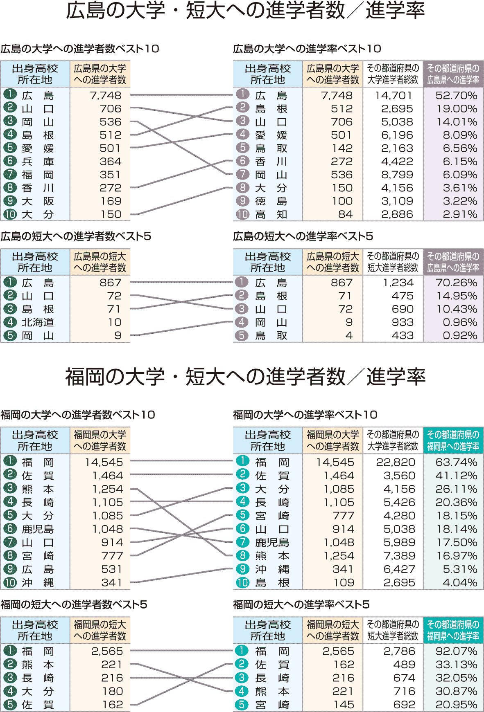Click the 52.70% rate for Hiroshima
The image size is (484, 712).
pyautogui.click(x=456, y=96)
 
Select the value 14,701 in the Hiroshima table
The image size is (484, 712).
pyautogui.click(x=393, y=96)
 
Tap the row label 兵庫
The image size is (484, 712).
pyautogui.click(x=38, y=162)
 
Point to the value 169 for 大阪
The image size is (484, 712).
pyautogui.click(x=111, y=201)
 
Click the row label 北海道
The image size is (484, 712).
pyautogui.click(x=38, y=322)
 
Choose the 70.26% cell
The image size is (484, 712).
pyautogui.click(x=456, y=283)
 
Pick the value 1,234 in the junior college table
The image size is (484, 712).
pyautogui.click(x=398, y=283)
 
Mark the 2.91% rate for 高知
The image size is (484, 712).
pyautogui.click(x=460, y=214)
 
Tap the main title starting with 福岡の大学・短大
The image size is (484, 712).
pyautogui.click(x=245, y=377)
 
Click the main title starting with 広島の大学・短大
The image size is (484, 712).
pyautogui.click(x=245, y=11)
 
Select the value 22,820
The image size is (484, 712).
pyautogui.click(x=396, y=462)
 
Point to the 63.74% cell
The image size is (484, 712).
pyautogui.click(x=456, y=462)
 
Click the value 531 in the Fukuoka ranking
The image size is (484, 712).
pyautogui.click(x=111, y=569)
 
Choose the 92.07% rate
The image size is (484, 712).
pyautogui.click(x=456, y=651)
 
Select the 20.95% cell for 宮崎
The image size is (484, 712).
pyautogui.click(x=456, y=705)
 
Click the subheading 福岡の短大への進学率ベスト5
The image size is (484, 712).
pyautogui.click(x=301, y=604)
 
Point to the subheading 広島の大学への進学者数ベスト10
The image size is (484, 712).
pyautogui.click(x=80, y=49)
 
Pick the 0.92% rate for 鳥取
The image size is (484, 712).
pyautogui.click(x=460, y=335)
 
